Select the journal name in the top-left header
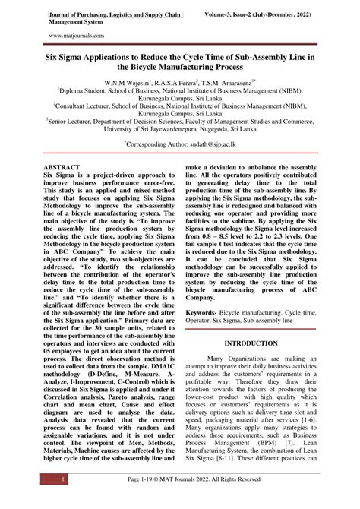(x=114, y=14)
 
